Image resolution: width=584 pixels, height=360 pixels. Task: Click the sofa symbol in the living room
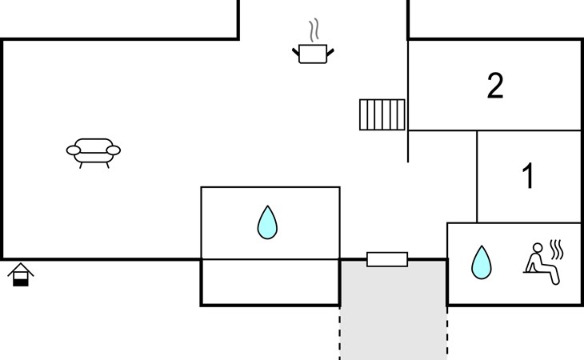(x=94, y=153)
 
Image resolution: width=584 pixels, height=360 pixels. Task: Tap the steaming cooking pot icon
(x=313, y=42)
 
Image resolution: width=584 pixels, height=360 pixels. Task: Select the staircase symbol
(x=382, y=114)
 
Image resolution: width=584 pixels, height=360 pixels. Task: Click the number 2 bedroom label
(x=495, y=86)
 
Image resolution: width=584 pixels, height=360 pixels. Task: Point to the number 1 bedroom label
(x=528, y=176)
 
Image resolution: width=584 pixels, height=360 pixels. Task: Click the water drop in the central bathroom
(x=267, y=222)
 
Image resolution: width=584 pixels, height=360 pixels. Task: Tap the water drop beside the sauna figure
(x=482, y=262)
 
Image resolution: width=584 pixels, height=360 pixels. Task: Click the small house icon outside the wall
(x=21, y=274)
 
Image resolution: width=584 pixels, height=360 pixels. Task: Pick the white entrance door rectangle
(x=387, y=259)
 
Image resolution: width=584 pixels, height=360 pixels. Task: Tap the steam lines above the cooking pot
(x=314, y=30)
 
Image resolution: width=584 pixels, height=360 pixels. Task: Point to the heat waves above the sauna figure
(x=557, y=250)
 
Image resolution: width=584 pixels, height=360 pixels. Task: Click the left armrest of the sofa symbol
(x=74, y=150)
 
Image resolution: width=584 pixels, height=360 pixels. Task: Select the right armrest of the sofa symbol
(x=114, y=150)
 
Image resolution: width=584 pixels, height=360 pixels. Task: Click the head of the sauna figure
(x=538, y=248)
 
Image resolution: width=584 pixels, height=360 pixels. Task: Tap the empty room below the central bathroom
(x=270, y=282)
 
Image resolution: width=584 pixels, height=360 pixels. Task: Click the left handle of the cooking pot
(x=296, y=52)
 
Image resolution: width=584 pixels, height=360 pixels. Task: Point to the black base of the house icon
(x=21, y=282)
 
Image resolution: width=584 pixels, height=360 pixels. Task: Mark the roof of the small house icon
(x=21, y=269)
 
